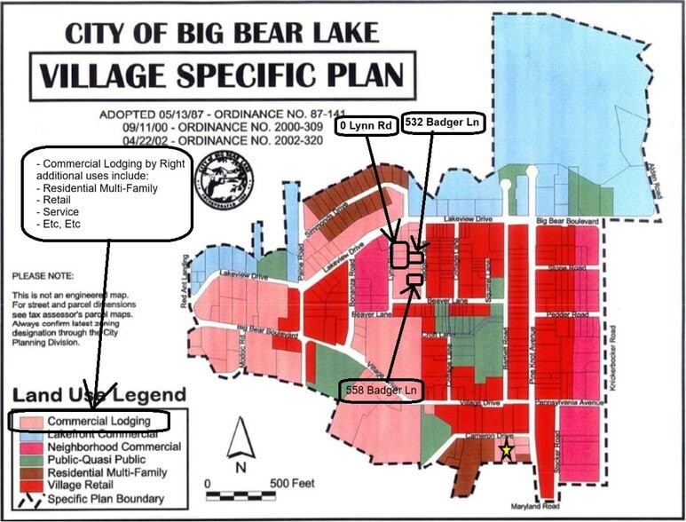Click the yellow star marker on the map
[506, 451]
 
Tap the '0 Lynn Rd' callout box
[366, 127]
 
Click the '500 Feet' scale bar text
[289, 483]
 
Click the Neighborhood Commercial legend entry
[107, 447]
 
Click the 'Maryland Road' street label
[537, 507]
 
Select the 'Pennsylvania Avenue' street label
[568, 402]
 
